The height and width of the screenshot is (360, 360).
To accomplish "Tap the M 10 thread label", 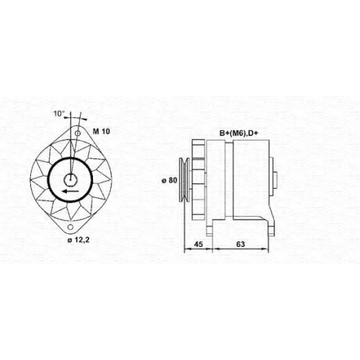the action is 102,131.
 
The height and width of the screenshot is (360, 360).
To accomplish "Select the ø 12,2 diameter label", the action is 78,240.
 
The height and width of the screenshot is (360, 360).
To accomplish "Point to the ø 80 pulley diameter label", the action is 169,180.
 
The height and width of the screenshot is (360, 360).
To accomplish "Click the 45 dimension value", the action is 198,244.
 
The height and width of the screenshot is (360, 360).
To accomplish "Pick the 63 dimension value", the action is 240,244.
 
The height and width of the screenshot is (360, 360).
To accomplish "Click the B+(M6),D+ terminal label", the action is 238,133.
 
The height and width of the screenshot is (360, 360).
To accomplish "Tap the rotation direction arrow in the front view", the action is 70,191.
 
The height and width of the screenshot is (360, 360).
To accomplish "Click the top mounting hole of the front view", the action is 78,133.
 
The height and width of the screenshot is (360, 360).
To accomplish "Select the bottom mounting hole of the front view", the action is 71,227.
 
